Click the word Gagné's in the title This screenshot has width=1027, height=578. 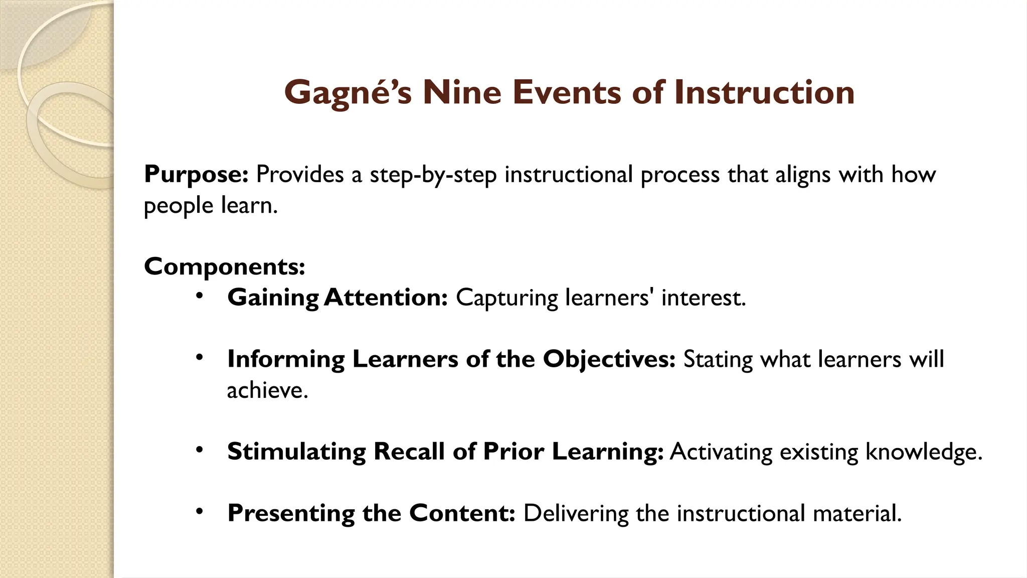pos(348,93)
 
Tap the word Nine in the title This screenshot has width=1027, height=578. pos(462,93)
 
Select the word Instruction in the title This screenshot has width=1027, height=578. pos(764,93)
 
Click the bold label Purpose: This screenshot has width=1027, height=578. pos(196,175)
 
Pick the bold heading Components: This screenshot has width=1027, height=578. pos(224,266)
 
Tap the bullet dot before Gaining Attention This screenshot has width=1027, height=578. pos(200,296)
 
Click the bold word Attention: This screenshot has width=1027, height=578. pos(386,298)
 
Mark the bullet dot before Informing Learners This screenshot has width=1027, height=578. pos(200,358)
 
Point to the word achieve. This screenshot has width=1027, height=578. pos(267,390)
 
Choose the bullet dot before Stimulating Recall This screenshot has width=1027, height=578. pos(200,450)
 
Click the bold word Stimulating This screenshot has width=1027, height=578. pos(296,452)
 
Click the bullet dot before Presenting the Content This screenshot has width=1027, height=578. pos(200,512)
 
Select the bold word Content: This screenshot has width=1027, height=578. pos(462,513)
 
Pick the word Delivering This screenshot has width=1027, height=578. pos(576,513)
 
